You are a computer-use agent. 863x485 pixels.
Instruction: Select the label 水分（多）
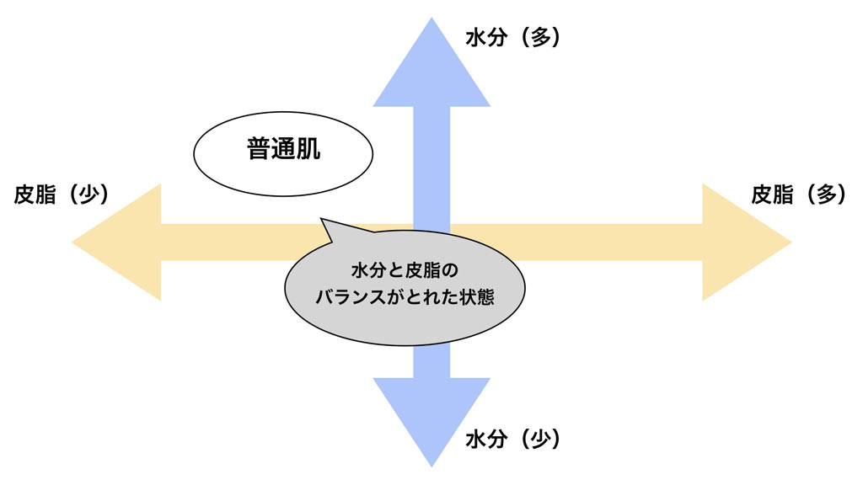click(512, 38)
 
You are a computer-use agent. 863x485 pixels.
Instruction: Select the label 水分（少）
click(512, 439)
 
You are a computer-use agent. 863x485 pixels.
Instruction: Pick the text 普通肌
click(283, 153)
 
